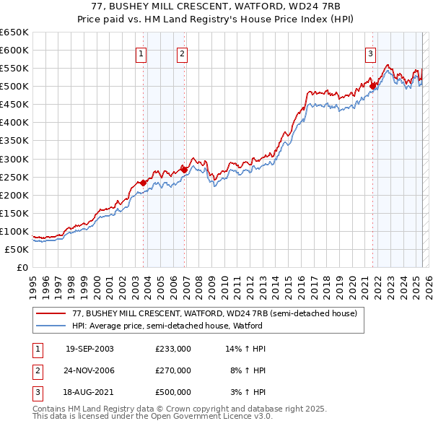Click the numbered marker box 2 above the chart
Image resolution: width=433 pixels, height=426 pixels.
click(182, 53)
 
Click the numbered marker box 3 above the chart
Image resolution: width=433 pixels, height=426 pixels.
click(370, 53)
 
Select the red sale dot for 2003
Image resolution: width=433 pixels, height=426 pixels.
click(144, 183)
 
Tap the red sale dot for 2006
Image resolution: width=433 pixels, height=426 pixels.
click(184, 170)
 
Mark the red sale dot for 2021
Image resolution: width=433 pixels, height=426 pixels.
click(373, 86)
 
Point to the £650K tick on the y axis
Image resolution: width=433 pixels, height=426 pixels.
click(14, 32)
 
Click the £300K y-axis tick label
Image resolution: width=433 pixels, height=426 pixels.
click(14, 159)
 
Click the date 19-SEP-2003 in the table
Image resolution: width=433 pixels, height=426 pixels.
click(89, 349)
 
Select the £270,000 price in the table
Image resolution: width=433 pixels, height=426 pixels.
click(173, 370)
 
